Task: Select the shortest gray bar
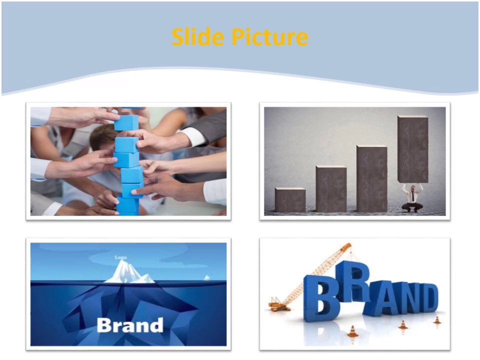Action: [290, 199]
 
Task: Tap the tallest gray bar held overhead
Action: [412, 149]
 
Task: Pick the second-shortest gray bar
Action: [331, 189]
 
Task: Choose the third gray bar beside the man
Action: [371, 178]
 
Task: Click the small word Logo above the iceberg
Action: [121, 257]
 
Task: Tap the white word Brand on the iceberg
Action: [130, 325]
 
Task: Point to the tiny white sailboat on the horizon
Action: [206, 277]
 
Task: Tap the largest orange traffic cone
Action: [353, 331]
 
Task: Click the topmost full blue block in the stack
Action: [126, 123]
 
